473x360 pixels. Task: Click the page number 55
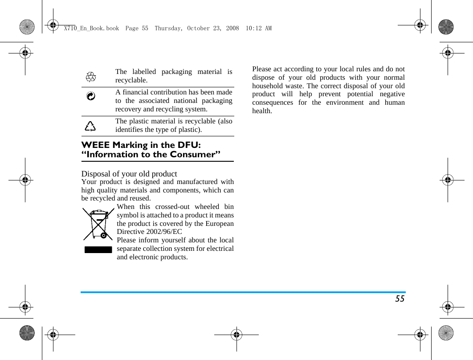[x=400, y=299]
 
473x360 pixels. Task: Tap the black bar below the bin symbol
[x=98, y=249]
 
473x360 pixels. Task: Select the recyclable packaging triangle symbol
[x=91, y=77]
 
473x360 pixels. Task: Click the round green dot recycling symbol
[x=90, y=96]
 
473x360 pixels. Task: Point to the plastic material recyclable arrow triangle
[x=90, y=126]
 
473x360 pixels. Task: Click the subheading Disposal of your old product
[x=129, y=174]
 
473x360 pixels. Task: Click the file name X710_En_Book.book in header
[x=91, y=28]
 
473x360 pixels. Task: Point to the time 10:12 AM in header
[x=258, y=28]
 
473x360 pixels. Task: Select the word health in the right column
[x=262, y=111]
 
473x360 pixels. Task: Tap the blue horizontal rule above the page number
[x=243, y=292]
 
